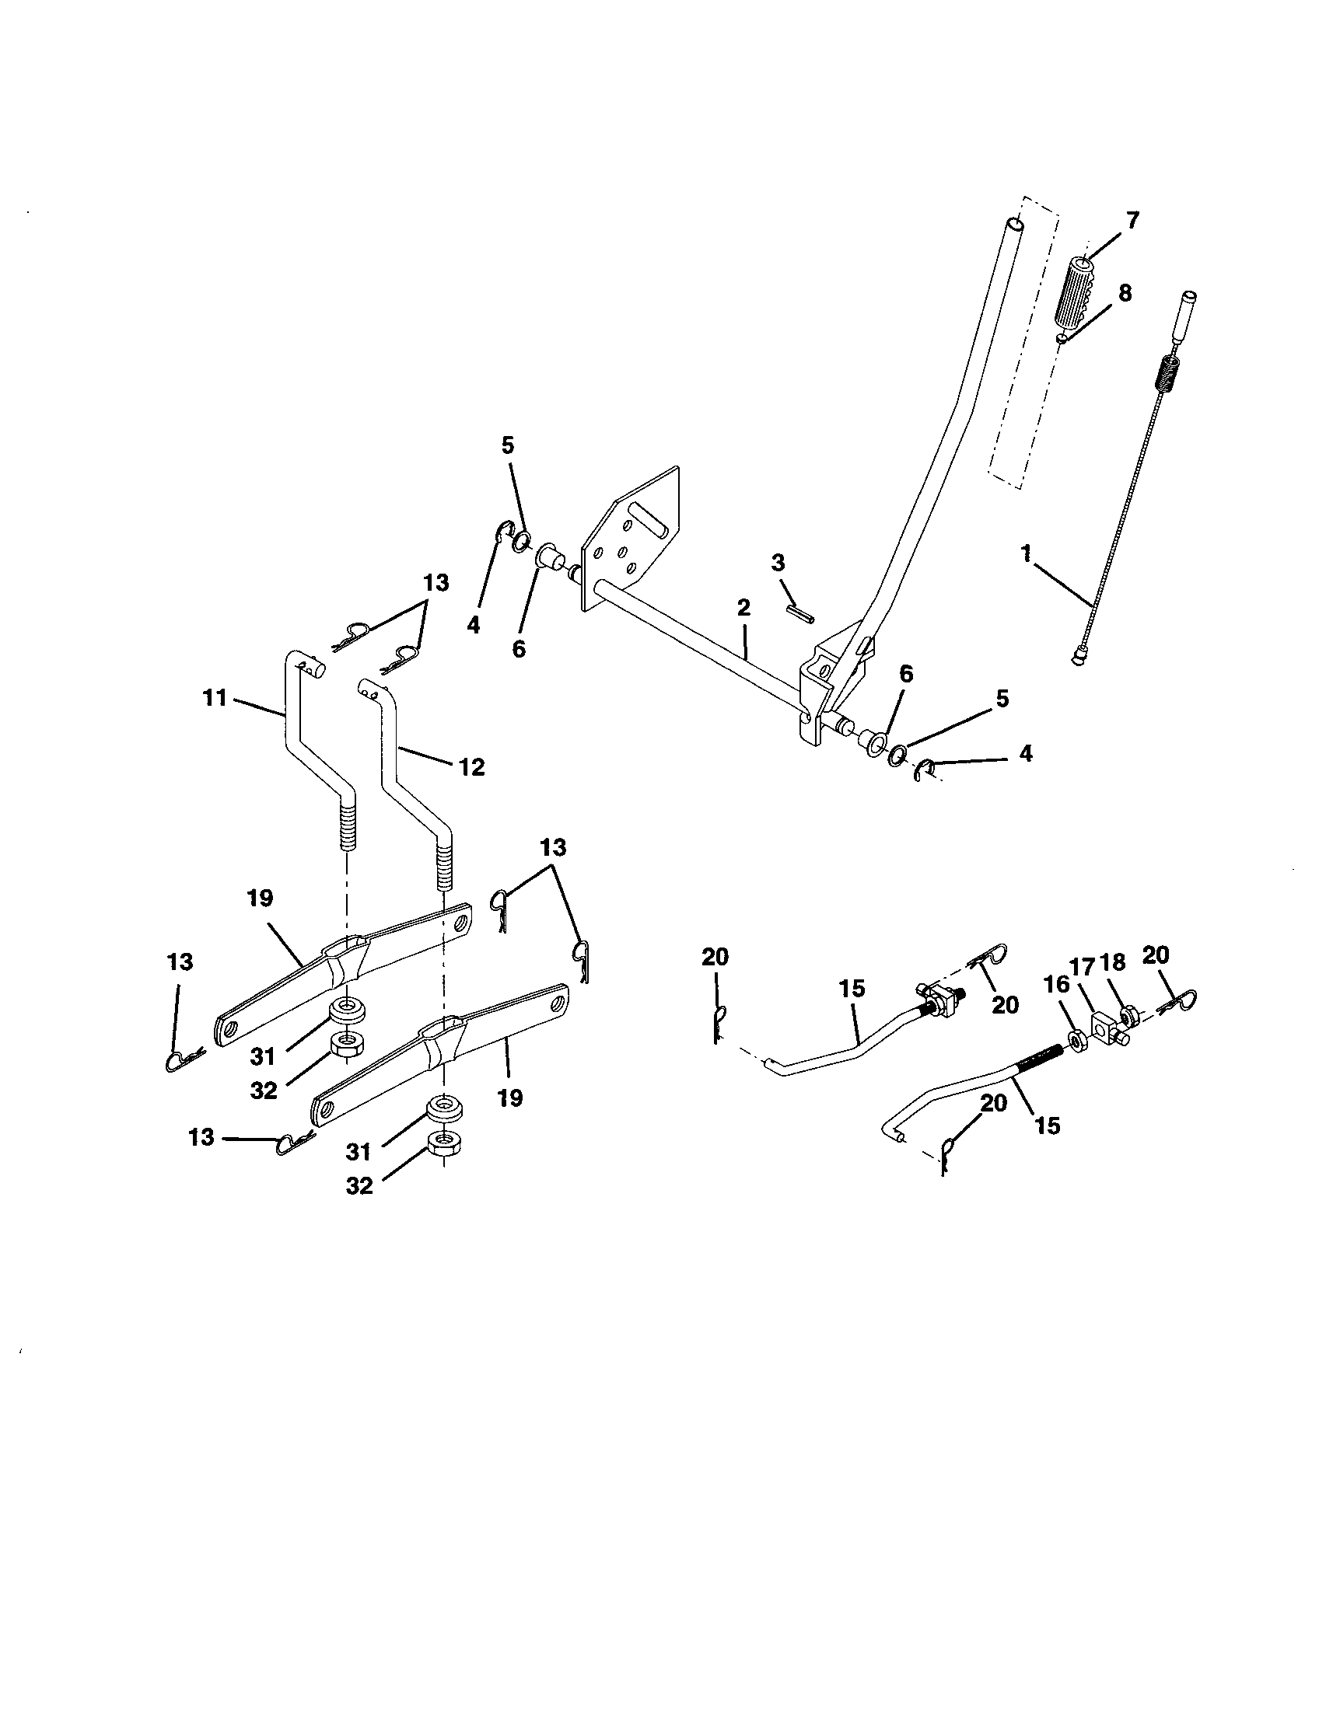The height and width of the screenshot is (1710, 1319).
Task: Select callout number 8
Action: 1125,293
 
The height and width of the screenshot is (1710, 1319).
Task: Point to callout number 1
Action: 1026,553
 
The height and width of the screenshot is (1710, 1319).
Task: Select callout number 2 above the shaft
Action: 743,608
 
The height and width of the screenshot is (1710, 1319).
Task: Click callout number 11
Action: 214,697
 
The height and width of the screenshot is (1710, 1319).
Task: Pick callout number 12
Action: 471,766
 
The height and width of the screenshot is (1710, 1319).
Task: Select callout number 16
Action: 1057,985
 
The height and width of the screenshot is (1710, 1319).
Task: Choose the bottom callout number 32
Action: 359,1186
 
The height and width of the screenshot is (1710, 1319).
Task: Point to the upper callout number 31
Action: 263,1056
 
